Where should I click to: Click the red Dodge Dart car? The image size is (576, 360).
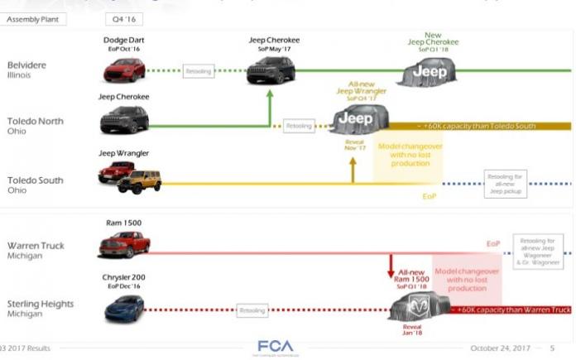click(x=124, y=70)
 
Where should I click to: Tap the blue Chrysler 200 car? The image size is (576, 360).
click(x=124, y=308)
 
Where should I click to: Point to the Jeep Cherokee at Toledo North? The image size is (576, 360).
click(x=124, y=119)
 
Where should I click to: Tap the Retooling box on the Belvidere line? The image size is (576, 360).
click(x=199, y=70)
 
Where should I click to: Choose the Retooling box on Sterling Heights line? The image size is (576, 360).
click(x=252, y=310)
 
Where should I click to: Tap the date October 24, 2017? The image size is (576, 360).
click(x=499, y=348)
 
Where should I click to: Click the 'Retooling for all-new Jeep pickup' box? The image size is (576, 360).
click(x=505, y=183)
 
